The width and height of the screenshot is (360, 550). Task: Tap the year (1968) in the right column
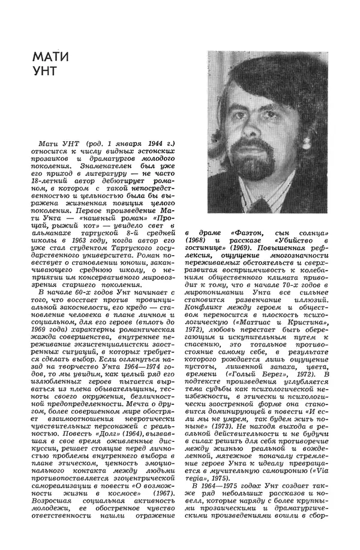point(197,240)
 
